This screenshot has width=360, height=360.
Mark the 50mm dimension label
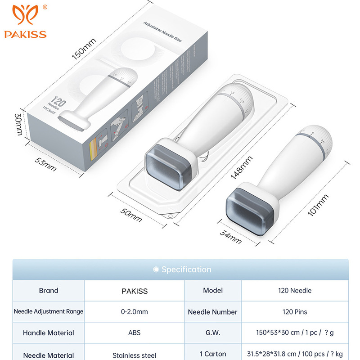(x=131, y=214)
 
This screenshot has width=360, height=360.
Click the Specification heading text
(x=186, y=270)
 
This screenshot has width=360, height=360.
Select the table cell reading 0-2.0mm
(x=135, y=312)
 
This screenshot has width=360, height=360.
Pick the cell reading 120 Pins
(x=295, y=312)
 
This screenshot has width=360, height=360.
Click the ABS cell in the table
(x=135, y=333)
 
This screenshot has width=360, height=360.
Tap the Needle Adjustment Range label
(x=49, y=312)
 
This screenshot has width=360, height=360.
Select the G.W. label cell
(x=213, y=333)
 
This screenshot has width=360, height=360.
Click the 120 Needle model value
(x=295, y=291)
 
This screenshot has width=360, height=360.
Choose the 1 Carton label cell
(x=213, y=355)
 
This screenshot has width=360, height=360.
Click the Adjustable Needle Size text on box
(x=162, y=32)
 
